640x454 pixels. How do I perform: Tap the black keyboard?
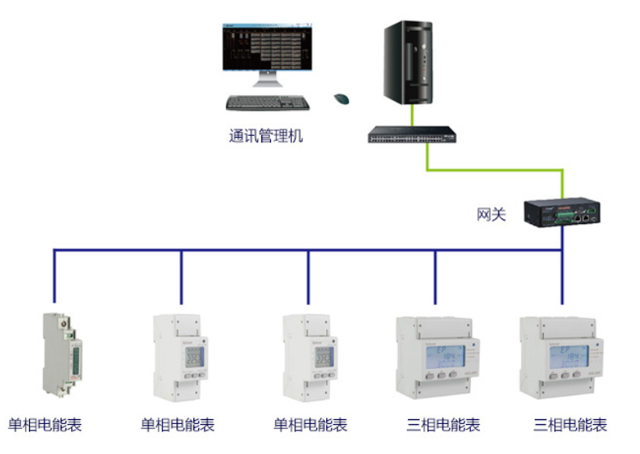pos(268,103)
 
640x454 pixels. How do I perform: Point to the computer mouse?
pos(342,99)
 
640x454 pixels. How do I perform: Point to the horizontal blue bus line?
pos(307,251)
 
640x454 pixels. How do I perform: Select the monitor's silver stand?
pos(266,81)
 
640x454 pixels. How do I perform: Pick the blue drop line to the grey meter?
pos(55,279)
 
